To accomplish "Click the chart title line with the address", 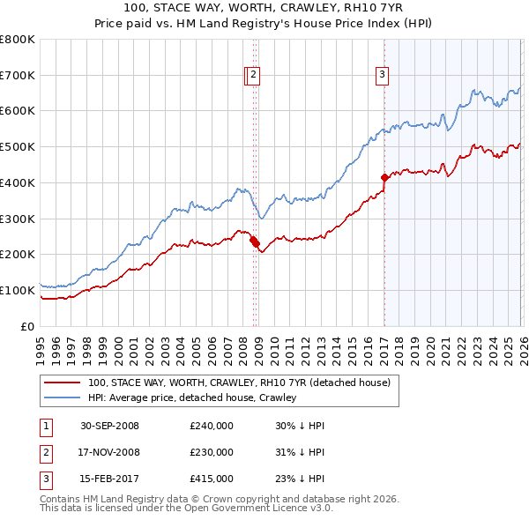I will (264, 9).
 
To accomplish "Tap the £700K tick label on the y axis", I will (18, 76).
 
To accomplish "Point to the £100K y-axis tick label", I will (18, 290).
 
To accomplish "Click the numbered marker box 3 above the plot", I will (383, 76).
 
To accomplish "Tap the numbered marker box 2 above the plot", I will (253, 76).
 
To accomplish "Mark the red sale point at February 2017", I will (384, 177).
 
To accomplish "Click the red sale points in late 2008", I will (255, 241).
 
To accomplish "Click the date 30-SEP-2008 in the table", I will (109, 426).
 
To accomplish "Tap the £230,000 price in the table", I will (212, 452).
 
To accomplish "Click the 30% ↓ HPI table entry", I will (300, 426).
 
